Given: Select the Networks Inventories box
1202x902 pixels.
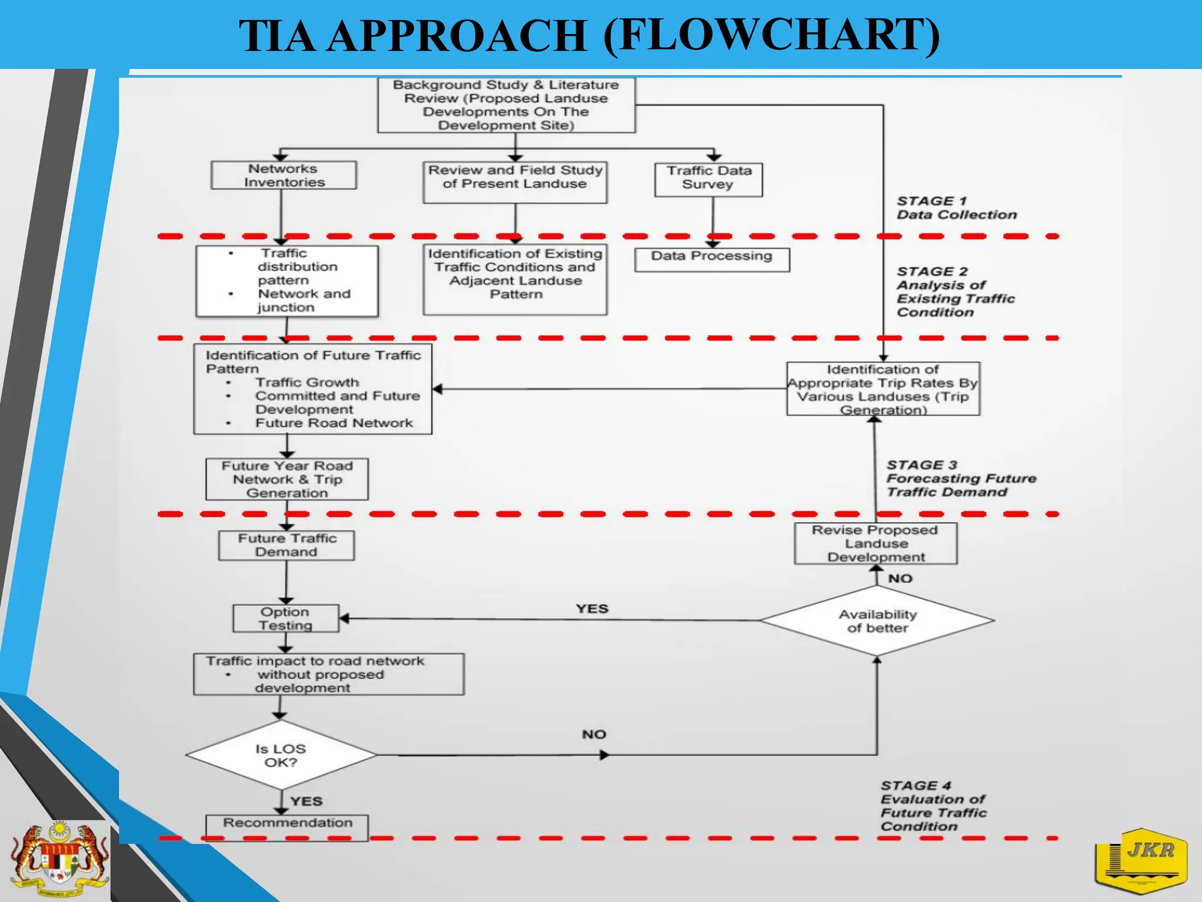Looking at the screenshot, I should coord(283,176).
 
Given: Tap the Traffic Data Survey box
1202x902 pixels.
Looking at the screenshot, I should coord(708,179).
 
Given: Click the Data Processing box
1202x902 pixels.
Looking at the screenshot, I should coord(711,259).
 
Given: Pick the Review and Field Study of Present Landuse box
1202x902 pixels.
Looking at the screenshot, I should coord(515,182).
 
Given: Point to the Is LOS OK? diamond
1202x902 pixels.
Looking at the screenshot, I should coord(281,755).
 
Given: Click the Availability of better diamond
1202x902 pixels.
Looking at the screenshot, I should coord(877,621).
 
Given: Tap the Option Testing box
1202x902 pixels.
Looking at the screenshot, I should coord(286,618).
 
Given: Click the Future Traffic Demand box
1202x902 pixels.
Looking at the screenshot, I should coord(286,545).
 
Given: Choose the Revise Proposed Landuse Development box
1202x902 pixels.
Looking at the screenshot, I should coord(875,543).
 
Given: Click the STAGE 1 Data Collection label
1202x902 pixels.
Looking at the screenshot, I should coord(955,208).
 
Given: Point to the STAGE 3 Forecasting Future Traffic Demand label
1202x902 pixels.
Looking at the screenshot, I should coord(960,478).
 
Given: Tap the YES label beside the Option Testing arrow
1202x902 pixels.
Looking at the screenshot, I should coord(592,608).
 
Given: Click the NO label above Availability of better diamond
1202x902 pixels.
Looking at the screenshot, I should coord(900,578).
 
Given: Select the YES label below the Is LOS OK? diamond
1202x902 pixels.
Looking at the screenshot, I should coord(306,801).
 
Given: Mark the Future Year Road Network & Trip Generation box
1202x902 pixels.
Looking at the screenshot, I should coord(287,479).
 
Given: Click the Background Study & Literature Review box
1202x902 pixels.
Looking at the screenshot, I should coord(506,105).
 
